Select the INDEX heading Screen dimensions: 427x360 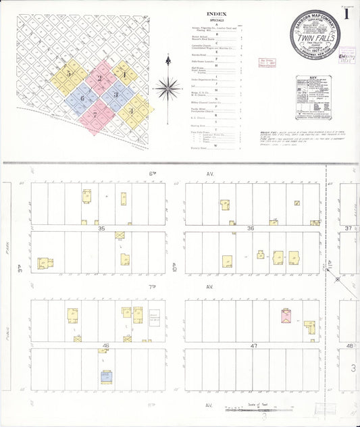tap(216, 13)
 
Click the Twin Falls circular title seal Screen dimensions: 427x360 tap(315, 40)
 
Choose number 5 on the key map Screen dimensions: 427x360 tap(68, 74)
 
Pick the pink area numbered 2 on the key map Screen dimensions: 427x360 tap(100, 78)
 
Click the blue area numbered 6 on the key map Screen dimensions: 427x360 tap(82, 99)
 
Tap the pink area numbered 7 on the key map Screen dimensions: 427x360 tap(96, 114)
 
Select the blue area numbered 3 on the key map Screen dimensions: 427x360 tap(115, 95)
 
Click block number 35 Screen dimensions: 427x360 tap(101, 229)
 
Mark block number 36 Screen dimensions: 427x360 tap(251, 229)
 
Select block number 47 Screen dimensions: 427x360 tap(254, 345)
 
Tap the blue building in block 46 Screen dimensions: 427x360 tap(106, 376)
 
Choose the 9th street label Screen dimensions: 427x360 tap(22, 273)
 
